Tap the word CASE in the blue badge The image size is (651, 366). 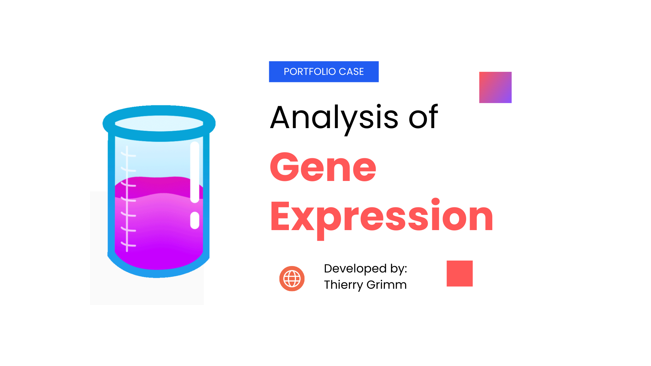[351, 72]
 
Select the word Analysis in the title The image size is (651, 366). [334, 118]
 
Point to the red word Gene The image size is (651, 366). [323, 167]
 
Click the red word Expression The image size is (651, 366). [381, 216]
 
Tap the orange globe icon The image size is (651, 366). [292, 279]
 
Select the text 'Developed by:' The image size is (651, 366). [365, 268]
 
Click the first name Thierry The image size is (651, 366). [343, 285]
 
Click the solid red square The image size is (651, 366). [459, 273]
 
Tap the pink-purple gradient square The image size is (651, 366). [495, 87]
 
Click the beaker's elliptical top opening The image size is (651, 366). [159, 123]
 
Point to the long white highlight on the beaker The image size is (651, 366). [195, 172]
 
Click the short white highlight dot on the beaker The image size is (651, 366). [195, 220]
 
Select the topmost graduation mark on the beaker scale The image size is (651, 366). [129, 155]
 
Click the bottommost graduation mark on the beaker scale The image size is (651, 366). [129, 245]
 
